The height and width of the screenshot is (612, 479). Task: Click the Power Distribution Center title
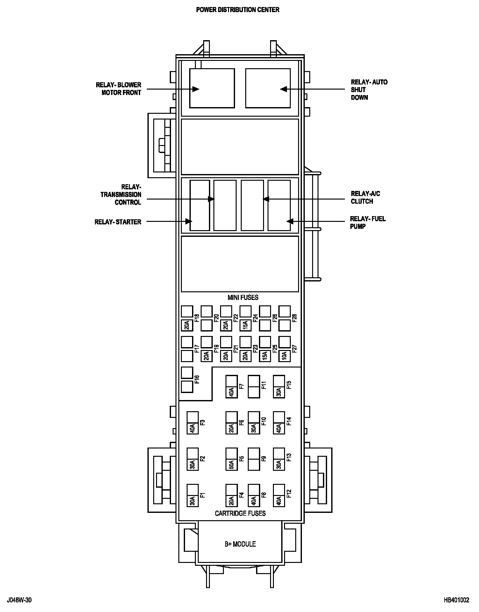pyautogui.click(x=238, y=10)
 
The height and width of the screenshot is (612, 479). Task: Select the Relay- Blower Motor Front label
pyautogui.click(x=118, y=89)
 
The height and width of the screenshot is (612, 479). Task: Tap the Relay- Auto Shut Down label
pyautogui.click(x=369, y=90)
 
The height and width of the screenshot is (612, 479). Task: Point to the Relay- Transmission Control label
pyautogui.click(x=121, y=194)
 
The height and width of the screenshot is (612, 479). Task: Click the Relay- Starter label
pyautogui.click(x=118, y=222)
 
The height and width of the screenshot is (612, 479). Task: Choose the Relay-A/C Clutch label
pyautogui.click(x=365, y=198)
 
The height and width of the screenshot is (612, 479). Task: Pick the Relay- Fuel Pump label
pyautogui.click(x=368, y=222)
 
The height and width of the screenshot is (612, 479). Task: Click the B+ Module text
pyautogui.click(x=240, y=544)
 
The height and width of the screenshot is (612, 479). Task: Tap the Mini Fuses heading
pyautogui.click(x=243, y=297)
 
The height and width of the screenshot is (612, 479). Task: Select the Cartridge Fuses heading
pyautogui.click(x=240, y=513)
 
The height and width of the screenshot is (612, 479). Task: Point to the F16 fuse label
pyautogui.click(x=197, y=379)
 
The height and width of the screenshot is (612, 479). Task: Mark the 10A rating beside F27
pyautogui.click(x=284, y=355)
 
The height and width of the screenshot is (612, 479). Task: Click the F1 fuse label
pyautogui.click(x=202, y=495)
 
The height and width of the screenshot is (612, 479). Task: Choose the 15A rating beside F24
pyautogui.click(x=246, y=325)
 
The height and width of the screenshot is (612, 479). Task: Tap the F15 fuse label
pyautogui.click(x=289, y=385)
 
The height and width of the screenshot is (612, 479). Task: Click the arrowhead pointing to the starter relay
pyautogui.click(x=189, y=221)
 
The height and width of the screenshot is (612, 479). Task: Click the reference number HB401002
pyautogui.click(x=457, y=600)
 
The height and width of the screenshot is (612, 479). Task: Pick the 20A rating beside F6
pyautogui.click(x=232, y=428)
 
